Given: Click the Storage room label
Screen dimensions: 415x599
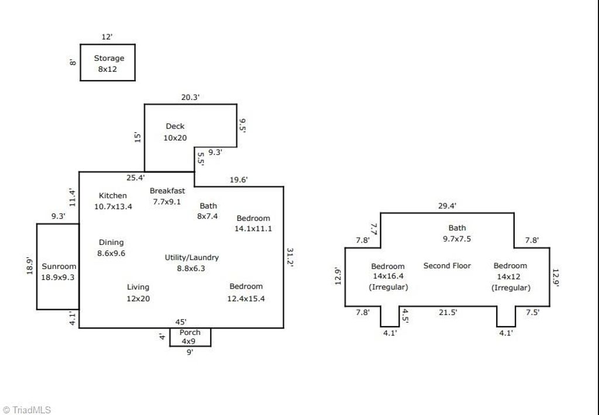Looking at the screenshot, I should (x=109, y=58).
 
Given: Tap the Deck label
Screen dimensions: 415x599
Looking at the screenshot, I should (x=175, y=126).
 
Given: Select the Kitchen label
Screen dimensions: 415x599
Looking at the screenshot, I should (x=112, y=196).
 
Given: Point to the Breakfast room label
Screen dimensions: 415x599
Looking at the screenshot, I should (x=167, y=191).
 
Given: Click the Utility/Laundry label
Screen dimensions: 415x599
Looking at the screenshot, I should (x=192, y=257).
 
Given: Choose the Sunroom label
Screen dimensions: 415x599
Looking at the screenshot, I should (x=58, y=267).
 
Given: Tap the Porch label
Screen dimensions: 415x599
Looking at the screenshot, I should (x=190, y=333).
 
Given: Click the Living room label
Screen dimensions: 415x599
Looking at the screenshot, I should (x=138, y=287).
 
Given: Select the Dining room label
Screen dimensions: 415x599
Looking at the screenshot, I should (x=111, y=243).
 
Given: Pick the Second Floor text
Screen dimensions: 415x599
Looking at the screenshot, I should (x=447, y=266).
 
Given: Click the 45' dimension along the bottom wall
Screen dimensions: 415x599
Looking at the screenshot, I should (x=181, y=321).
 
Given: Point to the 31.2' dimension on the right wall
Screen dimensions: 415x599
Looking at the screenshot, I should (x=290, y=257).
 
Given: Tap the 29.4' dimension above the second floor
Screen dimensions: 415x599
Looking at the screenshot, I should (x=447, y=206).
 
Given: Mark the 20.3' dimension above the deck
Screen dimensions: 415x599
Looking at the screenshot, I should (x=190, y=98).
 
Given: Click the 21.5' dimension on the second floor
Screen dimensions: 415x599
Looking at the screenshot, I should (x=447, y=313).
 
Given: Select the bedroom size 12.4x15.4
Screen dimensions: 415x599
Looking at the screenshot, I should (x=246, y=299).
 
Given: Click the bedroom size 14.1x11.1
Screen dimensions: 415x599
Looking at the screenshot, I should (x=253, y=229).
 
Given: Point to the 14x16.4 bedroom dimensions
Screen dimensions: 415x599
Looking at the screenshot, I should (x=388, y=277).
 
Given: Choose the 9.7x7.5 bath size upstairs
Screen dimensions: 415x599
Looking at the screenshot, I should (x=457, y=238).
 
